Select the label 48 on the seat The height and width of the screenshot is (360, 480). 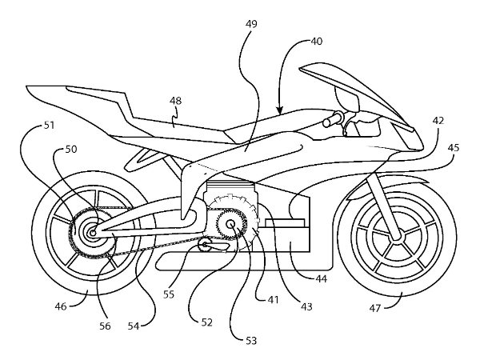(x=177, y=101)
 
